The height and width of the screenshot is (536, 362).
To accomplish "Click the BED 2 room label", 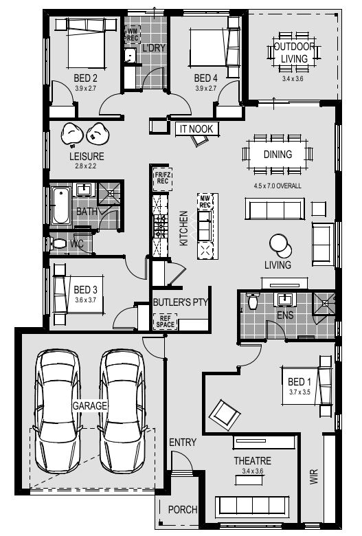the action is point(85,78).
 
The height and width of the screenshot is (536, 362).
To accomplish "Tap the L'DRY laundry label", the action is point(154,48).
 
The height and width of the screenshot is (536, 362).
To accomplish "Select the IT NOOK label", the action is point(196,129).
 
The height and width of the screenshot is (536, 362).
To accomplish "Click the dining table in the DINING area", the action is point(278,155).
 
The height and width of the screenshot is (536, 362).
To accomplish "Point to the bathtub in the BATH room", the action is point(60,205).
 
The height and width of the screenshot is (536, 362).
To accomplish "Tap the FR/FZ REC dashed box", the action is point(162,179).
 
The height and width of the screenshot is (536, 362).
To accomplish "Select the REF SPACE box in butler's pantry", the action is point(165,322).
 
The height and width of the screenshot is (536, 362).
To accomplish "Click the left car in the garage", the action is point(58,410).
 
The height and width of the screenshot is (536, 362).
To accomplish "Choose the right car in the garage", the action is point(122,410).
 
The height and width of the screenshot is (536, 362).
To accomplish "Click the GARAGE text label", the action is point(90,405).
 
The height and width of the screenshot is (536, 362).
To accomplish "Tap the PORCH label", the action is point(183,510).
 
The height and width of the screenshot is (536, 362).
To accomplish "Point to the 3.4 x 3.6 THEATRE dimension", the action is point(253,471).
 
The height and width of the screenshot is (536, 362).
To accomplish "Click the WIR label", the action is point(314,476).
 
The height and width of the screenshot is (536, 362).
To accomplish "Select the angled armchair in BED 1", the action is point(225,415).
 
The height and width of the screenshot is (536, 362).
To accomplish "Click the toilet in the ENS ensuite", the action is point(252,300).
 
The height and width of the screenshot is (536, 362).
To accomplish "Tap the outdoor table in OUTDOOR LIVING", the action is point(294,52).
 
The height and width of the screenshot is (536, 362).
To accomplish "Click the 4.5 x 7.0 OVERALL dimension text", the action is point(278,186).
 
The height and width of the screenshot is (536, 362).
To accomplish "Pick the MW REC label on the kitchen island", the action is point(205,201).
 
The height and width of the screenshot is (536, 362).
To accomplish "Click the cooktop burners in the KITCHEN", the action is point(160,226).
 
